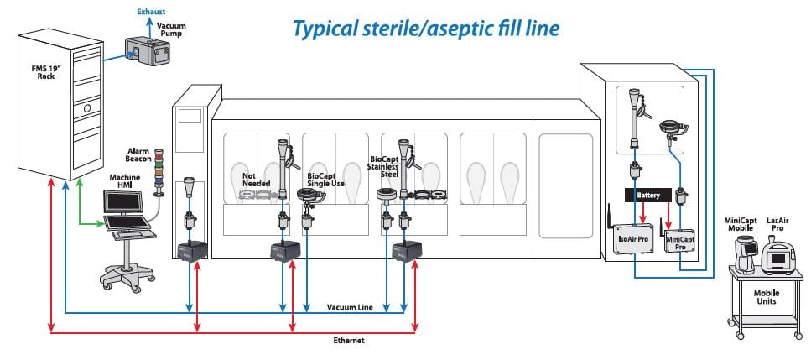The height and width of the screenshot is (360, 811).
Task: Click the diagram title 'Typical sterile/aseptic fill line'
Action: click(x=425, y=29)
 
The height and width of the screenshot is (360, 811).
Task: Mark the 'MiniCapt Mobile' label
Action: click(x=741, y=224)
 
